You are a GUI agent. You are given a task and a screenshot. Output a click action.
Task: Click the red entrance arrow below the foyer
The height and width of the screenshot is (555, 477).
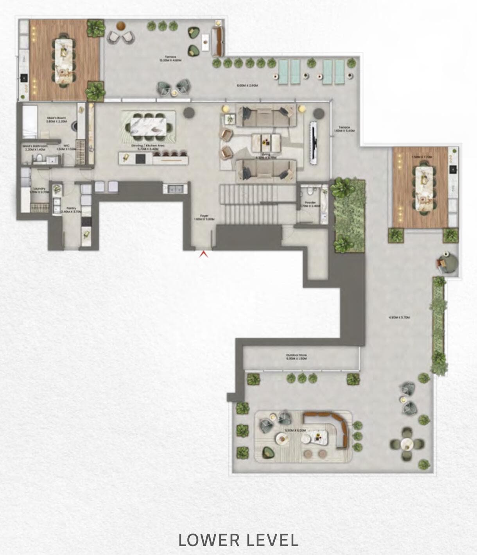203,254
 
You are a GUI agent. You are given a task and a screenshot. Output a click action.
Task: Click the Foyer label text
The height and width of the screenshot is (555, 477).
204,217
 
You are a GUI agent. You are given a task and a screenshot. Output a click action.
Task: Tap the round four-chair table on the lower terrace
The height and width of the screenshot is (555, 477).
407,444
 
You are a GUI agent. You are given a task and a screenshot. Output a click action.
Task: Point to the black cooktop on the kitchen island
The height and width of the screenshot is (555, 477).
140,158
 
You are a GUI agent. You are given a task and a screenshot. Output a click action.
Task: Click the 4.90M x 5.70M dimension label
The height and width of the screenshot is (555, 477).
399,318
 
